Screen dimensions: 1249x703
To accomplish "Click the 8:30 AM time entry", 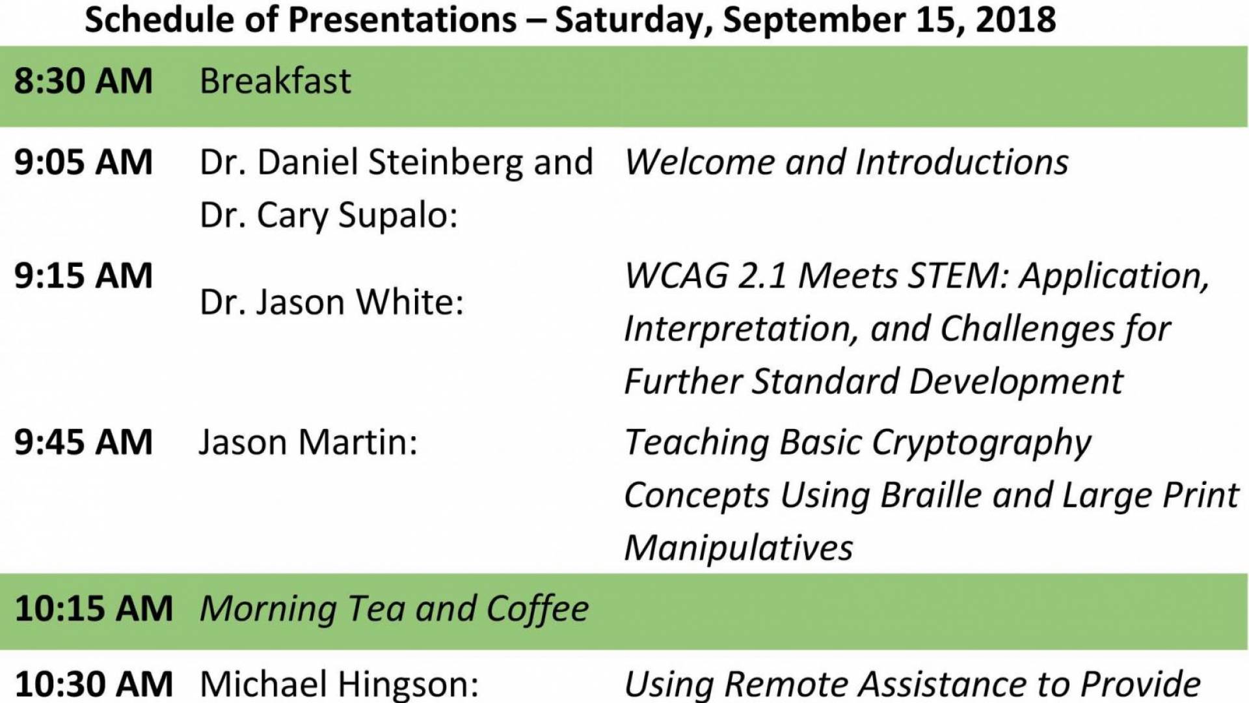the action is point(83,81).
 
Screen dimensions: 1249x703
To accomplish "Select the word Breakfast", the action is point(275,81).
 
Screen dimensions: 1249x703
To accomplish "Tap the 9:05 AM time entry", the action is point(83,162).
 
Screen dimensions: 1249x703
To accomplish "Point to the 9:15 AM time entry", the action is point(83,276).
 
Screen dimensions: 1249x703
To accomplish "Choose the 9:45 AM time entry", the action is point(83,443).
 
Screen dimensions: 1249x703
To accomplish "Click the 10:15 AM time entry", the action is point(94,609).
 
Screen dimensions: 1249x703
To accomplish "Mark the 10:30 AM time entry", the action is point(94,685).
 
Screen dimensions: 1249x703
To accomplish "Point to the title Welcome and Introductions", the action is point(846,162).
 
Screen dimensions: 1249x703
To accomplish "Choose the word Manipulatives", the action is point(738,549).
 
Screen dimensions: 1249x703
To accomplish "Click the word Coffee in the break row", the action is point(537,609).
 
